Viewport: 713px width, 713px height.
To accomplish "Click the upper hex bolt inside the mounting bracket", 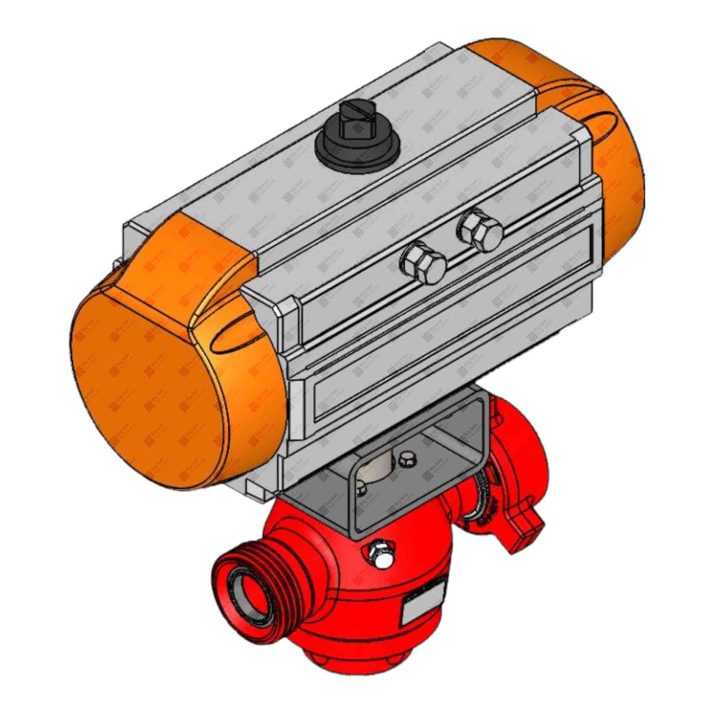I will pyautogui.click(x=405, y=458).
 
